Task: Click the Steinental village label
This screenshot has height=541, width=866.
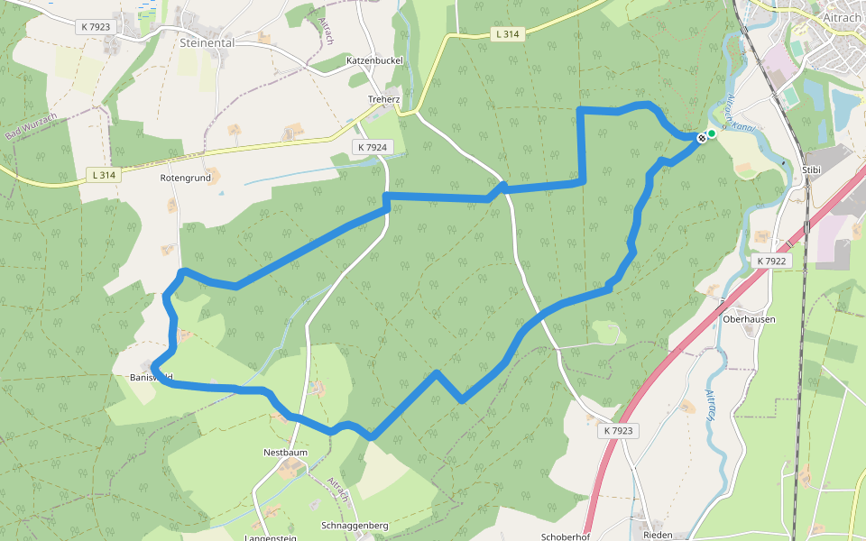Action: point(207,42)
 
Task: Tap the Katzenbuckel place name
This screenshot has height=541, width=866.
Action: point(374,60)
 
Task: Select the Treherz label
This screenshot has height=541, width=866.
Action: point(383,99)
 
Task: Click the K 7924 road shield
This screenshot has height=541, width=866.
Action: point(372,147)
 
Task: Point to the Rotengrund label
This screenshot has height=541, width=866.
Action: point(185,178)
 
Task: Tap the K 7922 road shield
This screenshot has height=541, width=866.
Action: point(772,261)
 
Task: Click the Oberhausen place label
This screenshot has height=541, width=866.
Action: point(749,319)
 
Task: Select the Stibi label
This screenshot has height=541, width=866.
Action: point(811,169)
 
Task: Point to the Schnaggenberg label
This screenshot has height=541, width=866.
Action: point(355,525)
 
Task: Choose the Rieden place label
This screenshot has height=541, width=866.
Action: point(658,535)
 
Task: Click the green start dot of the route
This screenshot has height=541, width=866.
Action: point(712,133)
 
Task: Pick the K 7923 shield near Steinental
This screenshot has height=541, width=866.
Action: point(96,27)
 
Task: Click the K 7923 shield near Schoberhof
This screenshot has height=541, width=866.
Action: point(618,431)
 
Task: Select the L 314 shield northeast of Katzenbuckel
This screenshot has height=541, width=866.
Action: point(508,34)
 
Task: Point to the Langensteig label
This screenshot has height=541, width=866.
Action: point(271,537)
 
